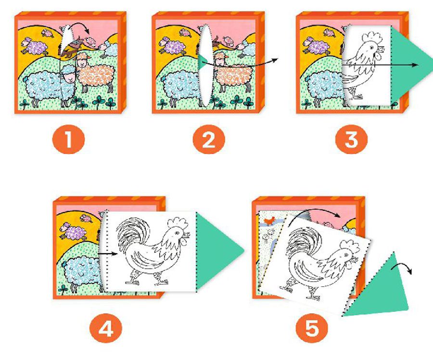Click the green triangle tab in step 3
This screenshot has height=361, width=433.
click(x=408, y=64)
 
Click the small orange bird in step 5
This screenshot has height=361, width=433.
click(x=269, y=220)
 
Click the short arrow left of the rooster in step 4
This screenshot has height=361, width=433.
click(x=108, y=253)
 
